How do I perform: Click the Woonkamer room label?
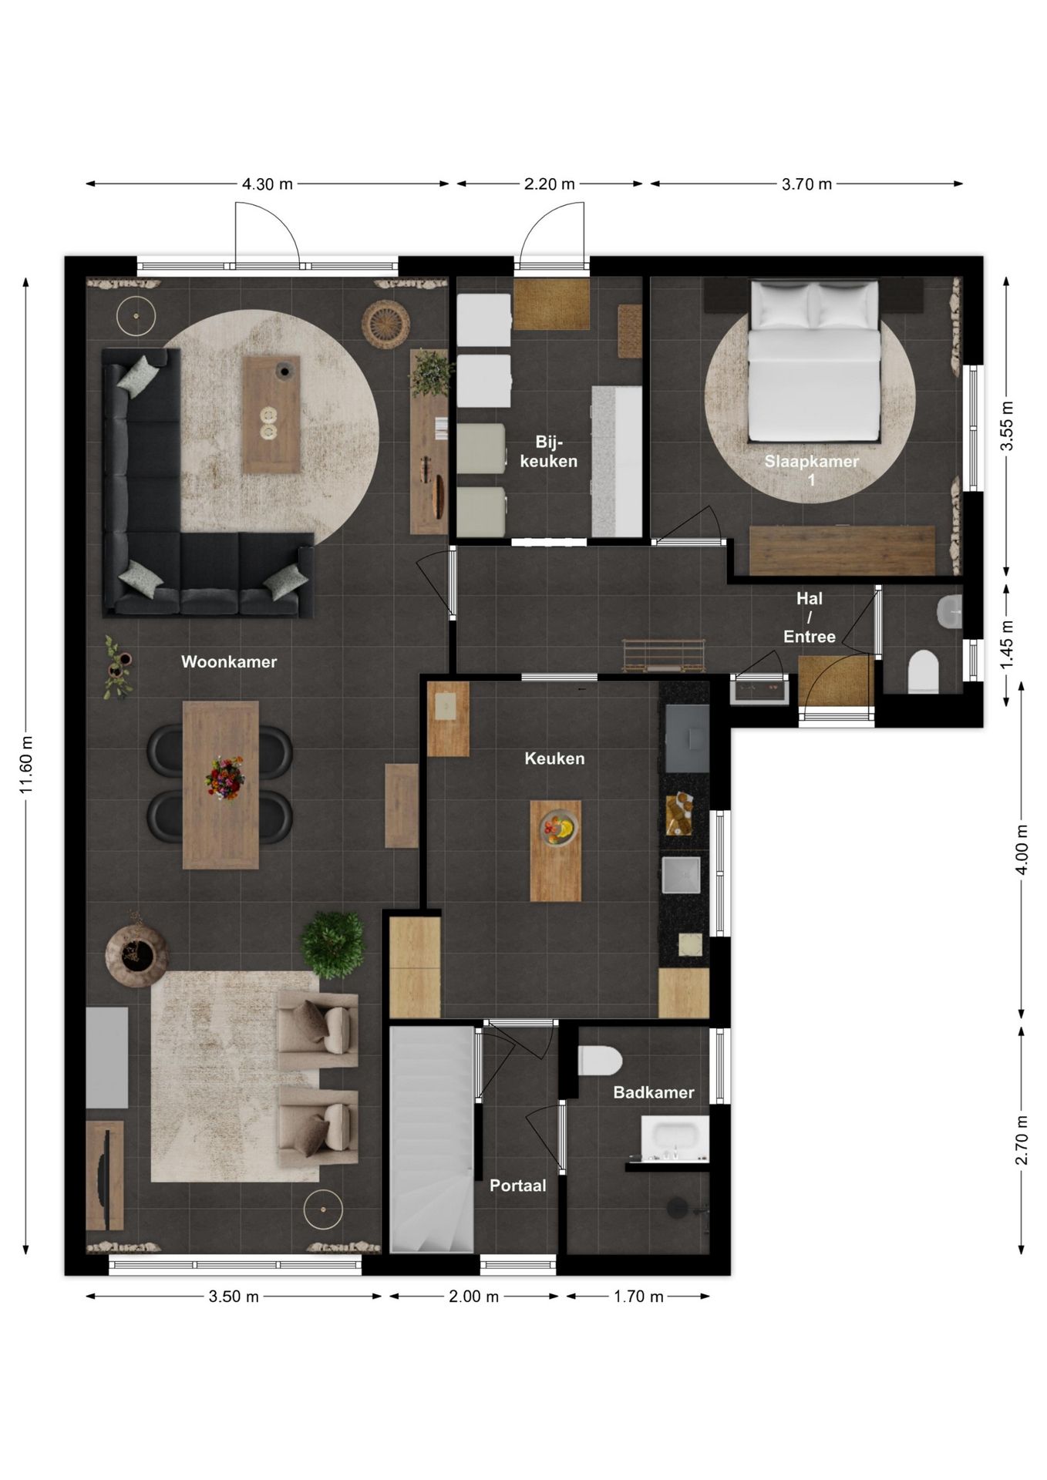[x=229, y=661]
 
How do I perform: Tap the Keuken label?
[x=554, y=758]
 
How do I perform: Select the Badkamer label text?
[x=654, y=1092]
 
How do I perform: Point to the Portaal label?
[x=518, y=1186]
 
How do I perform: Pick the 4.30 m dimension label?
[x=268, y=184]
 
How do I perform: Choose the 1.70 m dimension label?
[x=638, y=1297]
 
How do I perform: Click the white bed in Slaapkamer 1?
[x=815, y=361]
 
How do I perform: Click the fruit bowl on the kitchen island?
[x=559, y=827]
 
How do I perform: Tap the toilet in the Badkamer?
[x=600, y=1061]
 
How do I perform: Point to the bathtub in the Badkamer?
[x=675, y=1139]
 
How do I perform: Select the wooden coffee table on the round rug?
[x=271, y=414]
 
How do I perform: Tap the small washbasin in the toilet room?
[x=949, y=611]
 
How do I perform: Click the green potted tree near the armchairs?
[x=333, y=944]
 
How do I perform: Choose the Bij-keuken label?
[x=549, y=452]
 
